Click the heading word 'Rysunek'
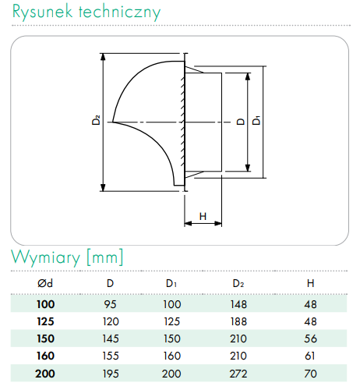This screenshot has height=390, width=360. [x=42, y=12]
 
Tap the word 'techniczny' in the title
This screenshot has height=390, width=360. [x=120, y=12]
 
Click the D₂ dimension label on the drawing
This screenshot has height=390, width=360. [x=96, y=120]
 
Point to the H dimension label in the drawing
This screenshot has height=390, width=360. [x=203, y=216]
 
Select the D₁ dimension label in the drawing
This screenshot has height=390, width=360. [x=256, y=121]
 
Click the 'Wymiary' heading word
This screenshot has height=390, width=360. [x=45, y=257]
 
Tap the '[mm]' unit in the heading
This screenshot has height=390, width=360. [x=104, y=257]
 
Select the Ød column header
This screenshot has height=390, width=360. [x=45, y=283]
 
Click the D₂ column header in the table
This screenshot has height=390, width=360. [x=238, y=283]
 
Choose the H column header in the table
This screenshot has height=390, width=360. [x=310, y=283]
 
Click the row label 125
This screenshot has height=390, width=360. [x=45, y=321]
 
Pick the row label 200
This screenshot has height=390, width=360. [x=45, y=374]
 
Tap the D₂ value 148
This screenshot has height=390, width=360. [x=238, y=304]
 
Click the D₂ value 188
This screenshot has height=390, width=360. [x=238, y=321]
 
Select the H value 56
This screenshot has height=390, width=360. [x=311, y=339]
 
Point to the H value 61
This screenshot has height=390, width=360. [x=310, y=356]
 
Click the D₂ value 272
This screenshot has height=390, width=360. [x=238, y=374]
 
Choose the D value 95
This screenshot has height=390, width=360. [x=110, y=304]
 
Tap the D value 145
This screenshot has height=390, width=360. [x=111, y=339]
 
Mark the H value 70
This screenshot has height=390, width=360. [x=311, y=374]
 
